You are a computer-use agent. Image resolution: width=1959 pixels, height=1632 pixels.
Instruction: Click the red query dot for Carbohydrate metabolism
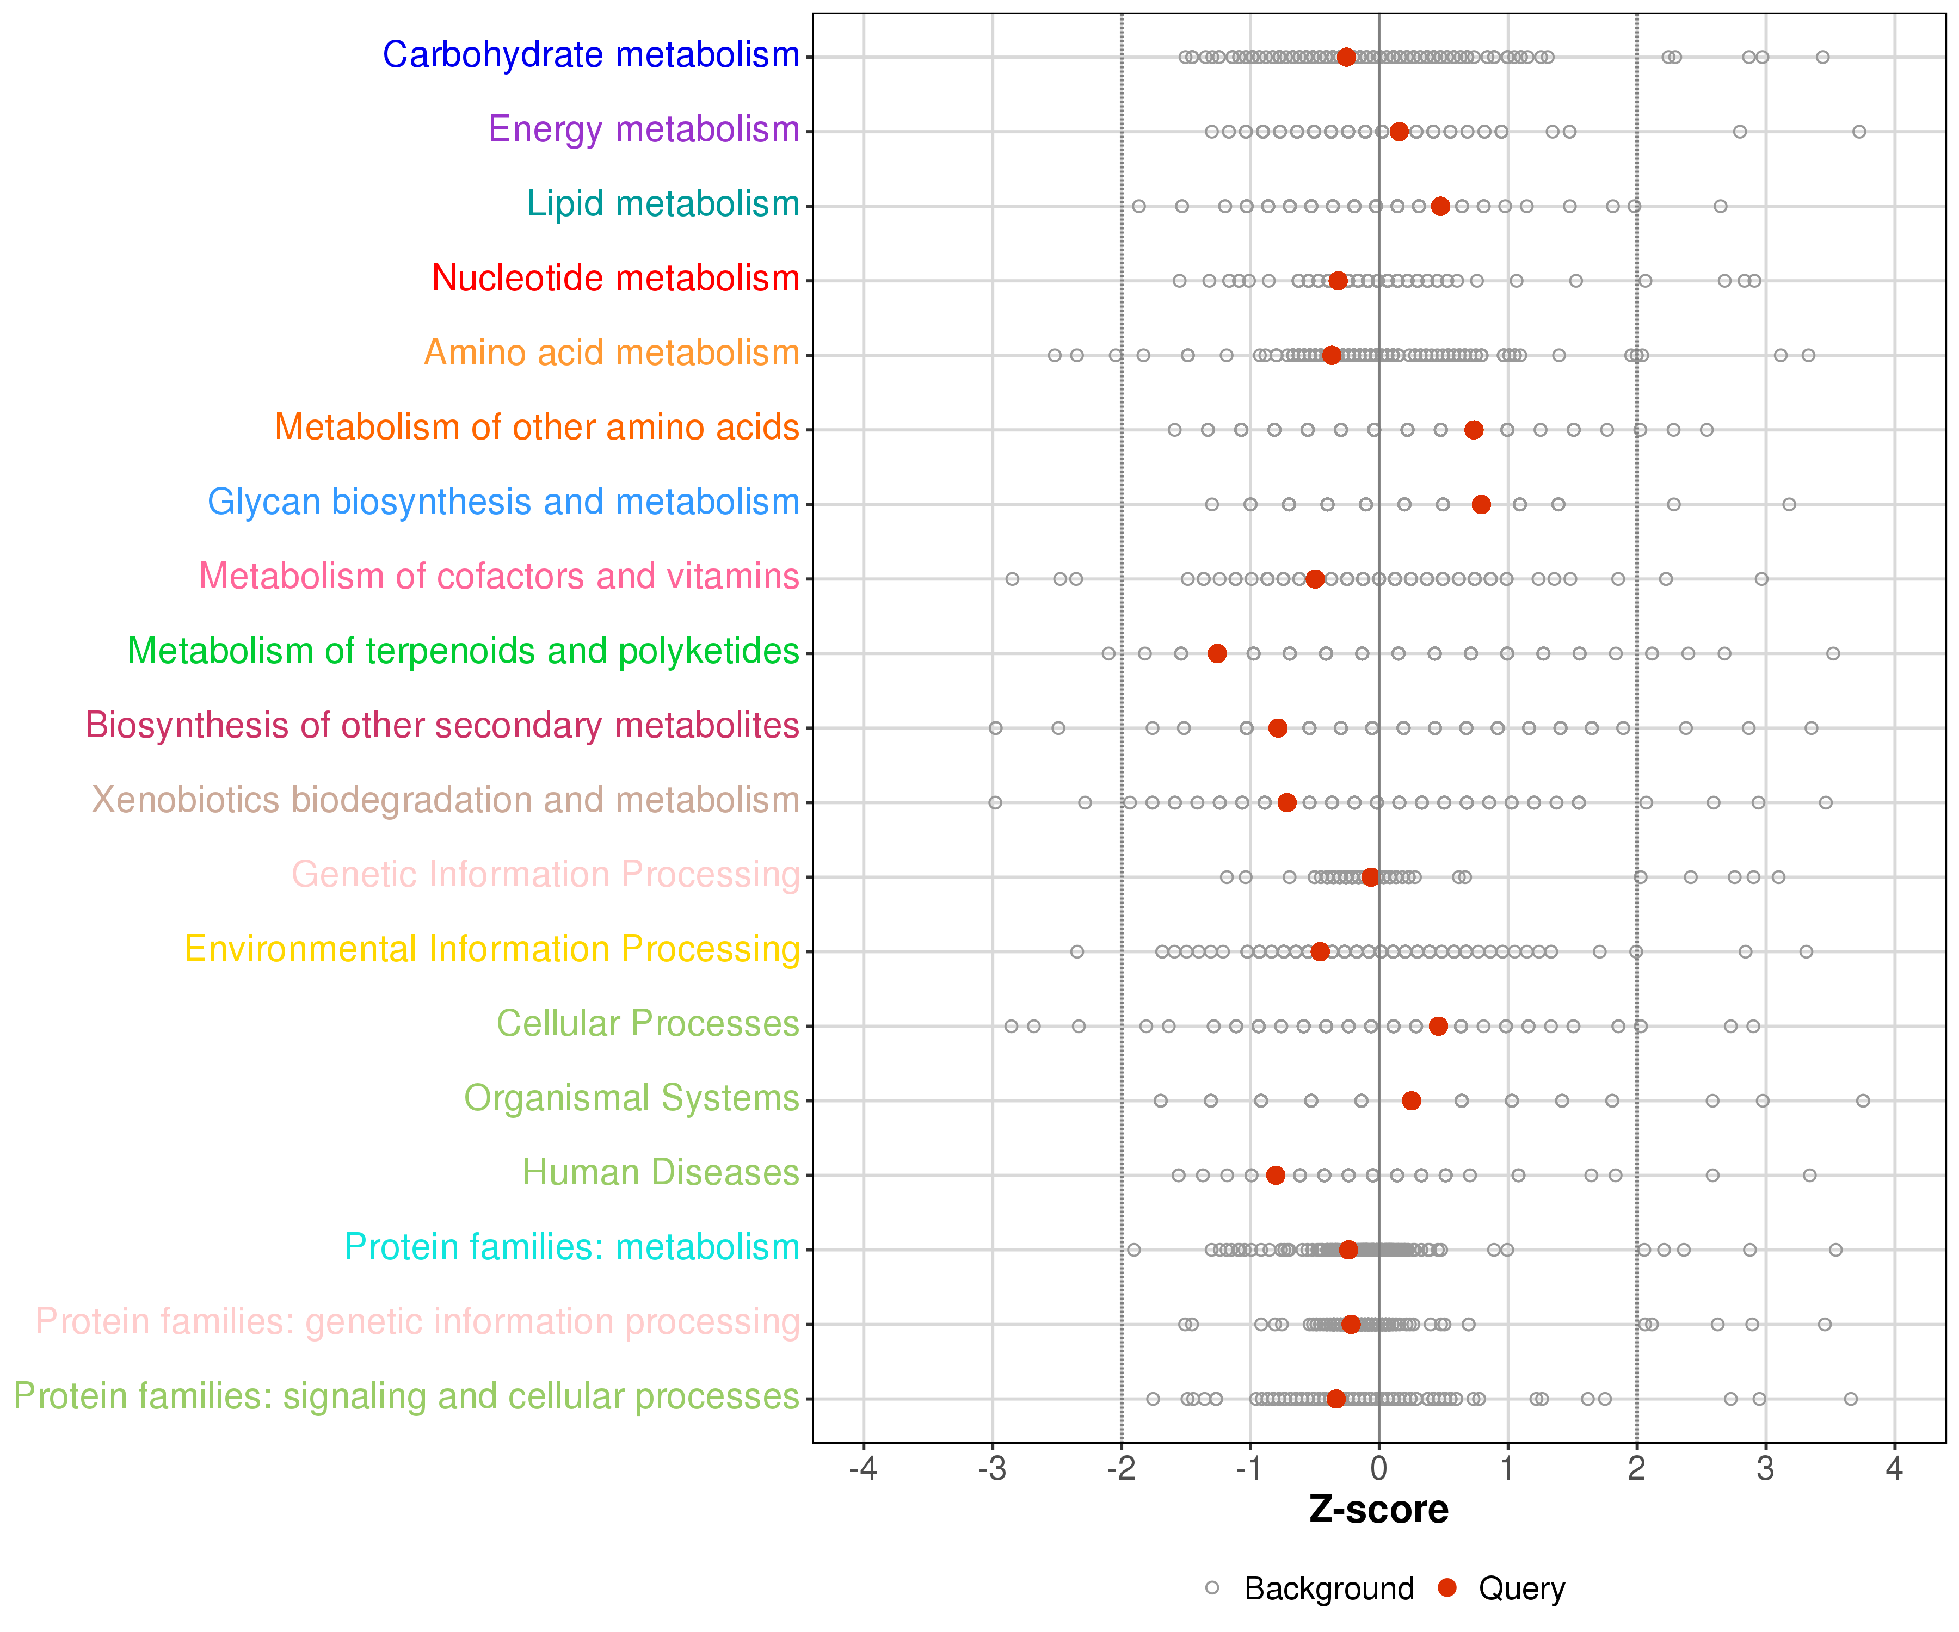(x=1346, y=57)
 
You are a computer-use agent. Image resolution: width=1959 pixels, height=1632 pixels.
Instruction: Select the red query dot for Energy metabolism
(x=1399, y=132)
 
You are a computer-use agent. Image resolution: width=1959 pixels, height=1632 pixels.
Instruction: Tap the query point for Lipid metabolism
(x=1440, y=206)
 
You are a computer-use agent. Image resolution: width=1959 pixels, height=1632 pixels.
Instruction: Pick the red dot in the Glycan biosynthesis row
(x=1481, y=504)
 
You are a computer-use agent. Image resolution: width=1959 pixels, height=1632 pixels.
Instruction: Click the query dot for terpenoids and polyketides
(x=1217, y=654)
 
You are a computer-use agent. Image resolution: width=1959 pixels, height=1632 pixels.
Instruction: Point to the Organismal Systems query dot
(x=1412, y=1101)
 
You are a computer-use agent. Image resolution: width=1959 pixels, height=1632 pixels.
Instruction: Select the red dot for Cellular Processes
(x=1438, y=1026)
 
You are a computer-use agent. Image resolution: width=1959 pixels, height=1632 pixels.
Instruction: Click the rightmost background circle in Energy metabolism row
(x=1859, y=132)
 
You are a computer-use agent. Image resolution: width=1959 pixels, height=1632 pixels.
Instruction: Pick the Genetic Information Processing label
(x=546, y=875)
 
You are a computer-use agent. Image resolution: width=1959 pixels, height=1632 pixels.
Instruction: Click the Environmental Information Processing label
(x=491, y=949)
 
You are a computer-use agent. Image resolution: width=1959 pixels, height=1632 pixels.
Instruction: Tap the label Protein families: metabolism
(x=572, y=1247)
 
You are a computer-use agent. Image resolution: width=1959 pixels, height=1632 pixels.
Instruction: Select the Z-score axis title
(x=1379, y=1510)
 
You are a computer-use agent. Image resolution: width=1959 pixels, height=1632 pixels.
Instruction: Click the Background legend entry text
(x=1329, y=1588)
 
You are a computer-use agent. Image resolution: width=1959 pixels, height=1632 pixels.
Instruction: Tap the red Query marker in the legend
(x=1447, y=1587)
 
